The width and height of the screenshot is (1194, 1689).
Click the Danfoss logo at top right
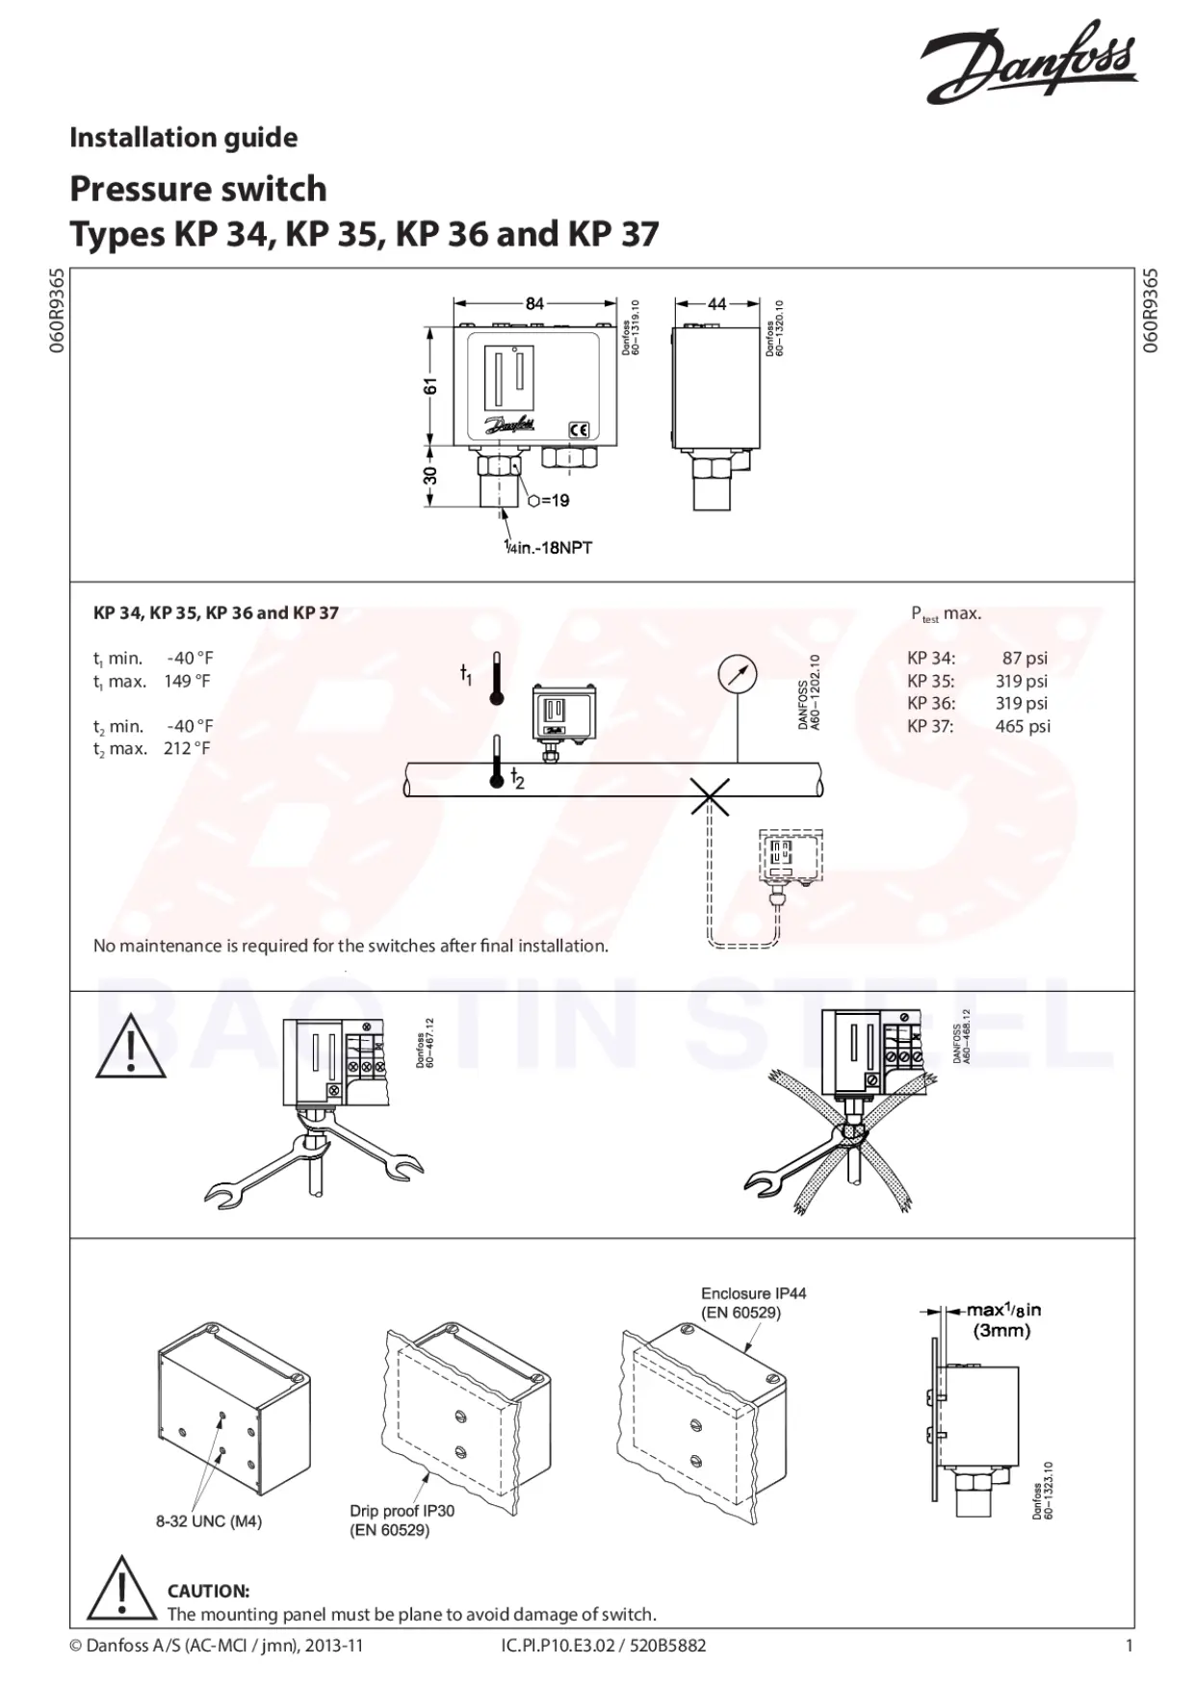pyautogui.click(x=1029, y=62)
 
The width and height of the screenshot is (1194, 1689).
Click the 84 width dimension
pyautogui.click(x=534, y=303)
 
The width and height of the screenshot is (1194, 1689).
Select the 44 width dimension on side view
pyautogui.click(x=717, y=303)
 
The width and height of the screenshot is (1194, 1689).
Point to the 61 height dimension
pyautogui.click(x=431, y=385)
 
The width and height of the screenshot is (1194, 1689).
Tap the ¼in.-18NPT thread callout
pyautogui.click(x=549, y=548)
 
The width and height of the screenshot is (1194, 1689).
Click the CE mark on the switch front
pyautogui.click(x=579, y=430)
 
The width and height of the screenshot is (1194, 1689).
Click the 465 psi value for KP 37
pyautogui.click(x=1023, y=726)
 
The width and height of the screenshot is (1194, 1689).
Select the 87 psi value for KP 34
pyautogui.click(x=1025, y=659)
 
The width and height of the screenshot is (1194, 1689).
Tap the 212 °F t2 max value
pyautogui.click(x=187, y=748)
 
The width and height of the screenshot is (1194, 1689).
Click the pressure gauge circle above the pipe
pyautogui.click(x=738, y=674)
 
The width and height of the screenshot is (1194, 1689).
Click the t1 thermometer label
pyautogui.click(x=466, y=675)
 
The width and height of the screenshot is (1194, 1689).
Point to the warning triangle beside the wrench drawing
pyautogui.click(x=130, y=1048)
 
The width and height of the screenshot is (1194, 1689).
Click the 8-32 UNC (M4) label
pyautogui.click(x=209, y=1521)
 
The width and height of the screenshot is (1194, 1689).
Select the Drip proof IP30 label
pyautogui.click(x=402, y=1511)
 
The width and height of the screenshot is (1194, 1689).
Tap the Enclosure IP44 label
pyautogui.click(x=753, y=1293)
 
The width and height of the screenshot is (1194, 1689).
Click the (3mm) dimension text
pyautogui.click(x=1001, y=1331)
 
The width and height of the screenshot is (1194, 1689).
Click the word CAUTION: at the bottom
pyautogui.click(x=208, y=1591)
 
